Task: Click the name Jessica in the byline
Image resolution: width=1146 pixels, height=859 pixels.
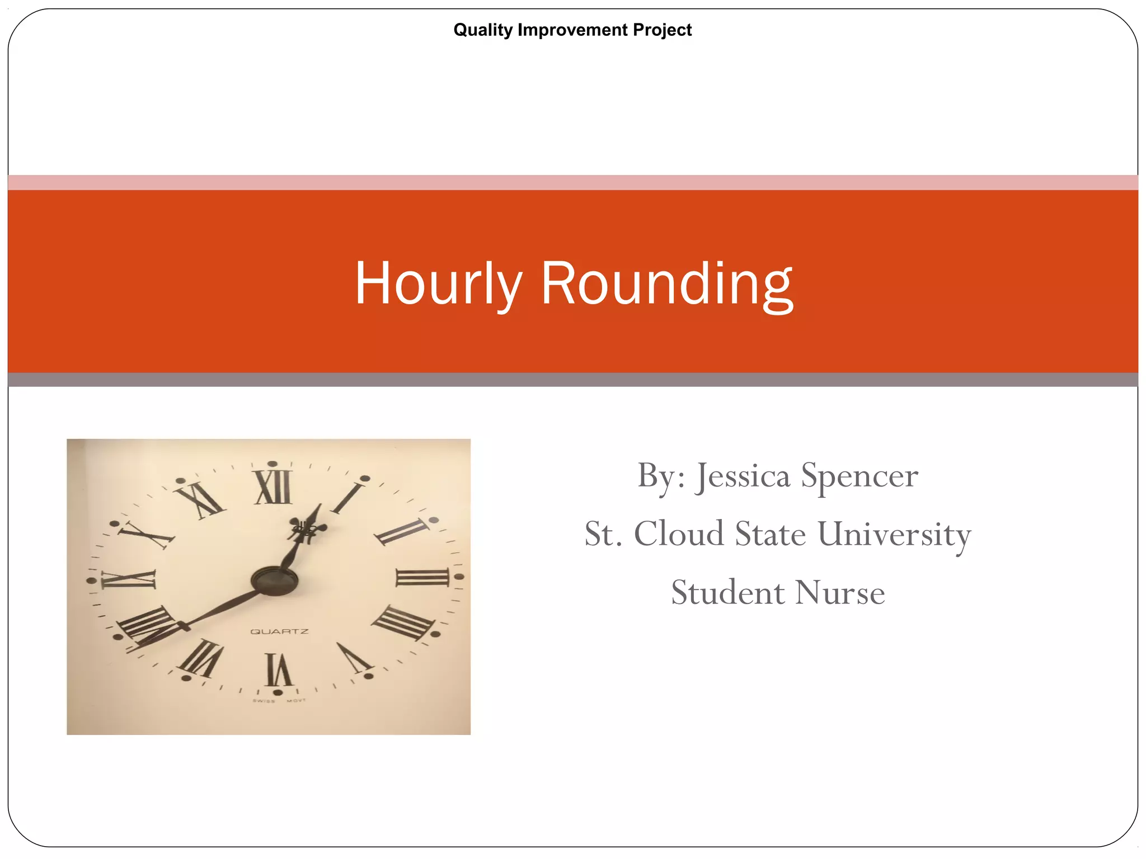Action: (743, 476)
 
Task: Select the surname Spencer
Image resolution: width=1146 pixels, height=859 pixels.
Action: (859, 476)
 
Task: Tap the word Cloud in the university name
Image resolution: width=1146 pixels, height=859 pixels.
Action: (679, 534)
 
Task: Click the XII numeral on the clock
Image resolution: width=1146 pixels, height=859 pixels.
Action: (273, 487)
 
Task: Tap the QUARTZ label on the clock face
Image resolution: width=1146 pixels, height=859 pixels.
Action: (279, 631)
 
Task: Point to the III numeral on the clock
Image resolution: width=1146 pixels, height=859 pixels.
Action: (422, 577)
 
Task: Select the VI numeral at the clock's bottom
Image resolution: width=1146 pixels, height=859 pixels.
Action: (278, 669)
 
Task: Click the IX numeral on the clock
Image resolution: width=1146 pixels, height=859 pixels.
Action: (128, 579)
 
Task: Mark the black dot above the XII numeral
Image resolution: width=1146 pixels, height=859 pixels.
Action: (273, 464)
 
